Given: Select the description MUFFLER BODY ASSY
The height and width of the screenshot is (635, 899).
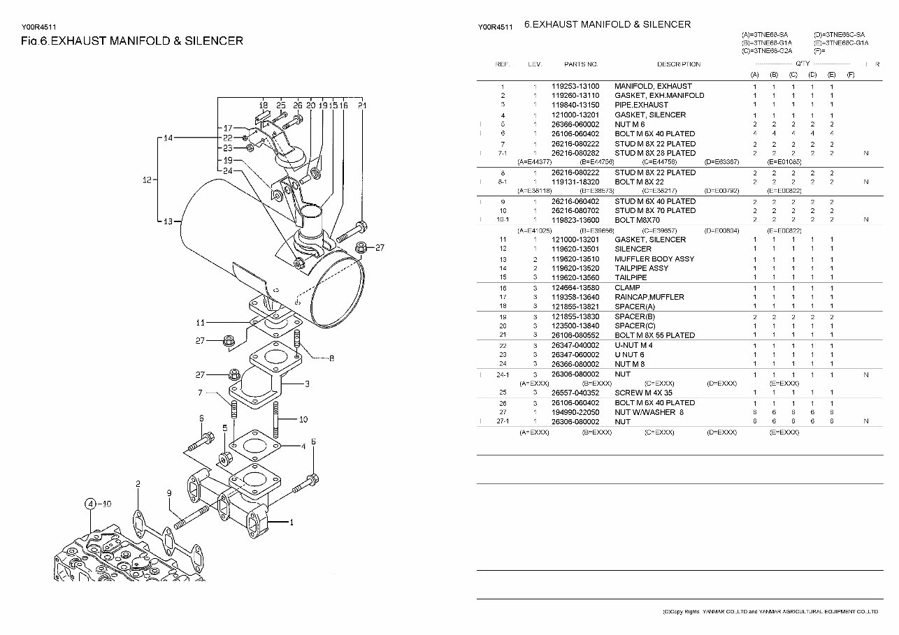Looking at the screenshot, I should [x=654, y=258].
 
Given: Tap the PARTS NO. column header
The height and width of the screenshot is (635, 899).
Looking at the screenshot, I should [x=580, y=64].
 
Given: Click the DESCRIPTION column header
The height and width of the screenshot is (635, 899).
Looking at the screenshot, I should [x=678, y=64].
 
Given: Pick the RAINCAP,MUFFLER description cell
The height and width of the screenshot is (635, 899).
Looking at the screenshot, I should [x=649, y=297].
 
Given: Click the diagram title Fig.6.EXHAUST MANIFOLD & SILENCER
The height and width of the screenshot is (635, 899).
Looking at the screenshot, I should [x=132, y=41].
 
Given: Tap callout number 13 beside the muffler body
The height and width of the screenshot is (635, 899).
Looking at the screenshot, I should [x=168, y=221].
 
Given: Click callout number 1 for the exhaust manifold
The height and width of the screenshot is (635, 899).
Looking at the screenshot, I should [x=292, y=522].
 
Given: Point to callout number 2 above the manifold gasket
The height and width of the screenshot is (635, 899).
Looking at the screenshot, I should [x=138, y=483].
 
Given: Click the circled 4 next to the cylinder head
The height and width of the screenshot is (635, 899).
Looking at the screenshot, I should [x=90, y=503].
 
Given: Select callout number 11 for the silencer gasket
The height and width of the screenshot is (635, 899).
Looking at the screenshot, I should [x=200, y=323].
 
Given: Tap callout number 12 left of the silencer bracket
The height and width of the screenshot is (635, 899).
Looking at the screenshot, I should [x=147, y=180].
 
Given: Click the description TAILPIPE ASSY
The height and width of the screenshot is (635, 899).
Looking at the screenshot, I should [x=641, y=268].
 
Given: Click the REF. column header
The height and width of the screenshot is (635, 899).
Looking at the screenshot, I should [x=503, y=64].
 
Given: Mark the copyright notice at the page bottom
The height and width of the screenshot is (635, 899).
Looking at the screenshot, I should [x=769, y=611].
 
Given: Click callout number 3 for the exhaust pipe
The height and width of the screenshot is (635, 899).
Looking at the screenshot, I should [x=307, y=384].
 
